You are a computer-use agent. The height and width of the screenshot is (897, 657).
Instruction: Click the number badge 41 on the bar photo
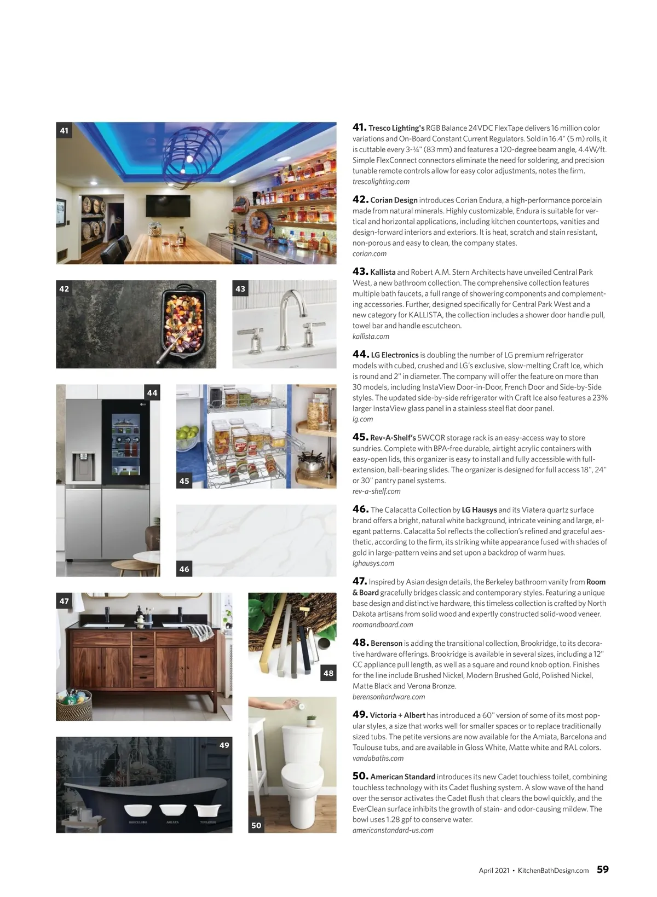pyautogui.click(x=65, y=131)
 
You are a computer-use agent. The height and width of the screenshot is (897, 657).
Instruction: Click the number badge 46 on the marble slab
pyautogui.click(x=185, y=569)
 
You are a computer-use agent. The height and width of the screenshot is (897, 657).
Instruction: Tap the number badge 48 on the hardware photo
pyautogui.click(x=328, y=673)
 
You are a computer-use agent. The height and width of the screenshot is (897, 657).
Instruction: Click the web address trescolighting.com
pyautogui.click(x=381, y=182)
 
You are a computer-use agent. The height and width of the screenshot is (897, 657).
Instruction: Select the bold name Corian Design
pyautogui.click(x=394, y=200)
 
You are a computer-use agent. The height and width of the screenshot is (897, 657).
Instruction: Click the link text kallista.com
pyautogui.click(x=371, y=337)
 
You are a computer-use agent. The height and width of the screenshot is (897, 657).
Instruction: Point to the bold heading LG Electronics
pyautogui.click(x=394, y=355)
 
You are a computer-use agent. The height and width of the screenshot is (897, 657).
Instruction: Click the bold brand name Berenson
pyautogui.click(x=386, y=644)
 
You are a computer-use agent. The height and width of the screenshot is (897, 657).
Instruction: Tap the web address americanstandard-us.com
pyautogui.click(x=393, y=830)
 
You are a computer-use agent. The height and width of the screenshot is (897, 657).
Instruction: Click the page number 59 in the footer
pyautogui.click(x=602, y=870)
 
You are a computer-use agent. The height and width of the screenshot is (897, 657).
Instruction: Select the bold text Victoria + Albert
pyautogui.click(x=397, y=715)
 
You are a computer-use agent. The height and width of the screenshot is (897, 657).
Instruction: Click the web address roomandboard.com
pyautogui.click(x=383, y=625)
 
